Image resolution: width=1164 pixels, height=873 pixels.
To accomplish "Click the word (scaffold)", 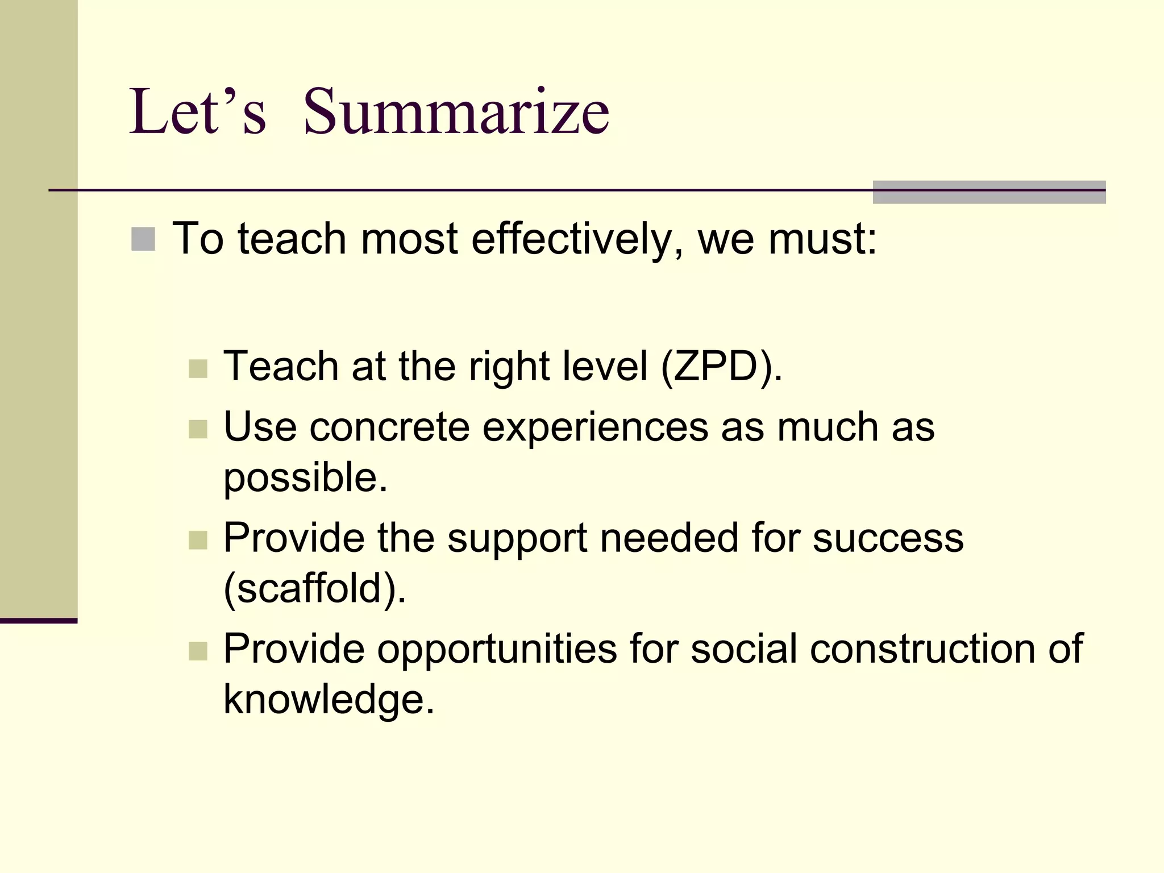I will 314,588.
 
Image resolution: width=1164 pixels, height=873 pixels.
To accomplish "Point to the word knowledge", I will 329,699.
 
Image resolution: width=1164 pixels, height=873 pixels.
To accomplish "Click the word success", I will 888,538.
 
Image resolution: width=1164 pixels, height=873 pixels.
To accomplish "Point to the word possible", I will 305,477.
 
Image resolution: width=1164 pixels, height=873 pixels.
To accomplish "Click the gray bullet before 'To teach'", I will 143,239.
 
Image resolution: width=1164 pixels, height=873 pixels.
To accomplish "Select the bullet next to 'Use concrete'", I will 198,429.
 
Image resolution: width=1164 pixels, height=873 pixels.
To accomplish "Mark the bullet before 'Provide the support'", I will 198,540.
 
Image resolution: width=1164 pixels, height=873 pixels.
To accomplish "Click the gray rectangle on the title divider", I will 989,192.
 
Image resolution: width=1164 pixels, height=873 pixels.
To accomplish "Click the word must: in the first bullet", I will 822,239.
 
